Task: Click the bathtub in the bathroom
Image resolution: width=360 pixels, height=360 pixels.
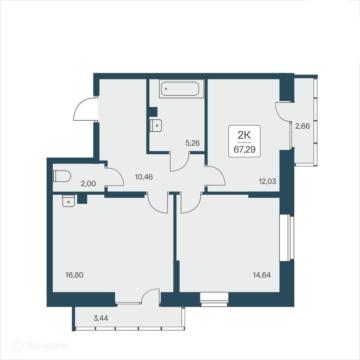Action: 181,89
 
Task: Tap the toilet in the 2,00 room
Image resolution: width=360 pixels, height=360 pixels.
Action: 62,176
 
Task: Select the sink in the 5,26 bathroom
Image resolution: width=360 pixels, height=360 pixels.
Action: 156,125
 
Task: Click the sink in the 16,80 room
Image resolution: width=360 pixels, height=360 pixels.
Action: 68,201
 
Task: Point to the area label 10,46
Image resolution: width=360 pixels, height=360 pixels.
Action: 144,177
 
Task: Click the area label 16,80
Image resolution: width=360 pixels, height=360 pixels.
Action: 74,275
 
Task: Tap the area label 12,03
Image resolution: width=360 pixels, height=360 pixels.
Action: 268,181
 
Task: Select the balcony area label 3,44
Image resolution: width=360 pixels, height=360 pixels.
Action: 101,318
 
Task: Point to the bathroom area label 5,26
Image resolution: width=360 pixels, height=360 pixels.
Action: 192,143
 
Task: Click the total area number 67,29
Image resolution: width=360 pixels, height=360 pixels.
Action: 244,149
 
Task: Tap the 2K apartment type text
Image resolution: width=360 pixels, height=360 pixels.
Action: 244,135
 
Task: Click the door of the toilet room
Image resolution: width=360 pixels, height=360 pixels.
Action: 115,176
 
